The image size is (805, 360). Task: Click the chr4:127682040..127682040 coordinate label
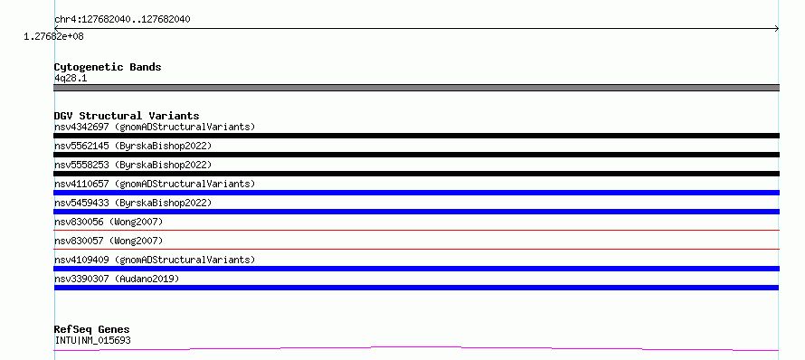click(122, 20)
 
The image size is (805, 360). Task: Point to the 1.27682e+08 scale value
click(54, 36)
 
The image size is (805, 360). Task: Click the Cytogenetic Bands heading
click(108, 67)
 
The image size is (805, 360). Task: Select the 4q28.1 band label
click(71, 79)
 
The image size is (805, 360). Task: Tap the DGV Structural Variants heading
click(127, 116)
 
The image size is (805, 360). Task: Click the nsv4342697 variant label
click(155, 127)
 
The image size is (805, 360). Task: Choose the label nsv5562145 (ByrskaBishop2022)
click(133, 146)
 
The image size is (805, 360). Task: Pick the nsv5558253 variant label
click(133, 165)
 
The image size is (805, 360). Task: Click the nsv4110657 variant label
click(155, 184)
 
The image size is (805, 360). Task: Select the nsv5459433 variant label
click(133, 203)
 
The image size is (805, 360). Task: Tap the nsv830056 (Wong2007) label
click(109, 222)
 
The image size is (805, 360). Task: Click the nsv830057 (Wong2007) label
click(109, 241)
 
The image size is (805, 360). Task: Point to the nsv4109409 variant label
click(155, 260)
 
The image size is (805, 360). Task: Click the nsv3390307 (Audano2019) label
click(117, 279)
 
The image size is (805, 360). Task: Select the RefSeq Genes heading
click(92, 329)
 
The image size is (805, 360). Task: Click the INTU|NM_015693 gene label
click(92, 340)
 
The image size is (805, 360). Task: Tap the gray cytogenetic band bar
click(416, 88)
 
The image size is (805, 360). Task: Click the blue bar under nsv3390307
click(416, 288)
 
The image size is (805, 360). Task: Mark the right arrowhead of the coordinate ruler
click(777, 29)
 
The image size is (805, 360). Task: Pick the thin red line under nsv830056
click(416, 230)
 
